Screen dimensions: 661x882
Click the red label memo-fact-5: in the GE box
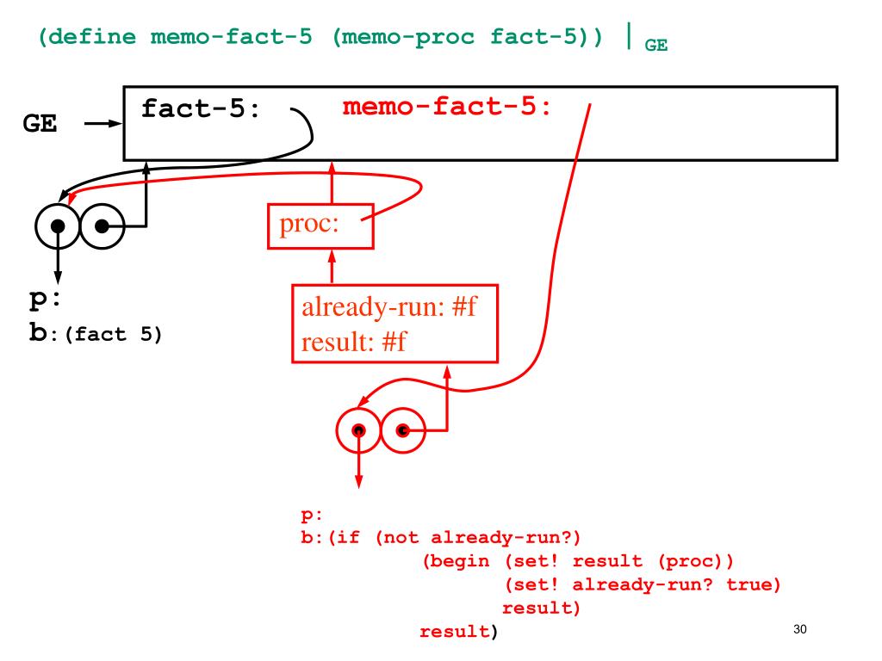447,108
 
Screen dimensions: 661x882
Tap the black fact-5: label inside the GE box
200,110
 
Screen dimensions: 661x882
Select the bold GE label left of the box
40,125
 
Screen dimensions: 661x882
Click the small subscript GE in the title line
656,47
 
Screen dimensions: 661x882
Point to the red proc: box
320,225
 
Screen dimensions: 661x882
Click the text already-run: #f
388,309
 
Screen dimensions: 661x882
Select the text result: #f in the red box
354,342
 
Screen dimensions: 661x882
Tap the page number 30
800,629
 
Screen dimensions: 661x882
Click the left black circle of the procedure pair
58,226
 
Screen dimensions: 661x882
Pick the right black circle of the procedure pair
101,226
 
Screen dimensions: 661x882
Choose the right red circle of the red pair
402,429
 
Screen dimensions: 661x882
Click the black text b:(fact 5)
96,334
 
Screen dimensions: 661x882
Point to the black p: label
43,301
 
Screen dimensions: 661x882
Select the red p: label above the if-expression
311,516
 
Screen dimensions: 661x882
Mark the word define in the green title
96,38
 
